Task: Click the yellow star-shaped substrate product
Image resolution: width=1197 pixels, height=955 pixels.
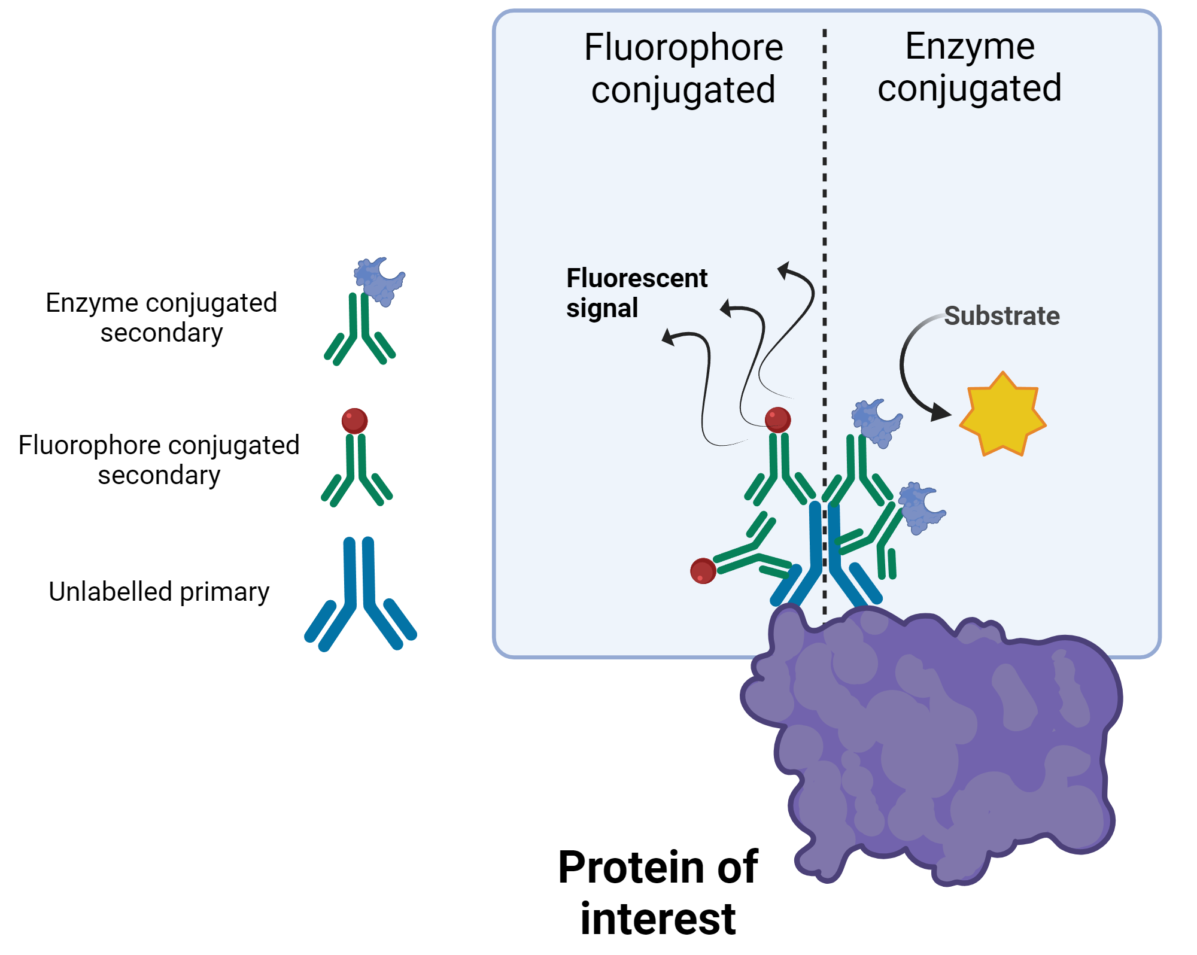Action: (x=1002, y=415)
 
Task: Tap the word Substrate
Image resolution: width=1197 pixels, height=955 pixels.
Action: (x=1001, y=316)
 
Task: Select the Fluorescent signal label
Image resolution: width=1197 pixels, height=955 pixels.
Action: (x=636, y=293)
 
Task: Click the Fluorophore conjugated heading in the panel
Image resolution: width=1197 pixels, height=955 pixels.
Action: (x=683, y=68)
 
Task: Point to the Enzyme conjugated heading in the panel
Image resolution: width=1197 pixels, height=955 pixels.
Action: (x=970, y=67)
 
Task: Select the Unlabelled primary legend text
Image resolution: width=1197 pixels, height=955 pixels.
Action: (x=159, y=592)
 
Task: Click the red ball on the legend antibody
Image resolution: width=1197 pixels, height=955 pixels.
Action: (x=354, y=421)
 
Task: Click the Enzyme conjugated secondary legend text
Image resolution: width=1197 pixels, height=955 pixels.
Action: (x=161, y=318)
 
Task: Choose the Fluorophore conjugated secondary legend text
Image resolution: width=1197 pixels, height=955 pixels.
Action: (x=159, y=460)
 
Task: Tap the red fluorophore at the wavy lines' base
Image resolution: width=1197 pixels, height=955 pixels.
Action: (x=777, y=419)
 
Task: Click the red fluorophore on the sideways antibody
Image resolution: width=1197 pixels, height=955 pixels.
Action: (x=703, y=571)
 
